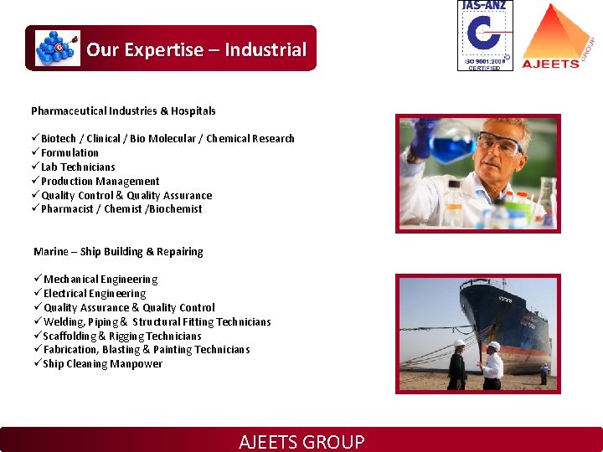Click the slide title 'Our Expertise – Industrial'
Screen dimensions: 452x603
click(196, 49)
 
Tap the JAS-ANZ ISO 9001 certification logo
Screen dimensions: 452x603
click(485, 35)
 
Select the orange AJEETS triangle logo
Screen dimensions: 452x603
click(550, 36)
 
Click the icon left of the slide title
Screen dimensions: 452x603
click(57, 49)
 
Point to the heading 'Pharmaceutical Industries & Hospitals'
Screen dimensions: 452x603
click(123, 110)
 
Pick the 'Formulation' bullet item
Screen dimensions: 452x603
click(70, 152)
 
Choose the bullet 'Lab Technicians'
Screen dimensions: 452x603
click(78, 167)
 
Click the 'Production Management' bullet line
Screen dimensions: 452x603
click(100, 181)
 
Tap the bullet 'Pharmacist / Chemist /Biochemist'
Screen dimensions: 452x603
click(121, 209)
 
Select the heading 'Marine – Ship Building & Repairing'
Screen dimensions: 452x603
click(118, 251)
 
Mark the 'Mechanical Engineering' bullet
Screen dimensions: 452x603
click(100, 279)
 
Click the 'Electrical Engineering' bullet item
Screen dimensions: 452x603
click(95, 293)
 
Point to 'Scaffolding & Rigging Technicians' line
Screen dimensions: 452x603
click(122, 336)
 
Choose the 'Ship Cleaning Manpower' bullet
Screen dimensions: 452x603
click(103, 364)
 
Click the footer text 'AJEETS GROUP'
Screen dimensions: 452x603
click(301, 441)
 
